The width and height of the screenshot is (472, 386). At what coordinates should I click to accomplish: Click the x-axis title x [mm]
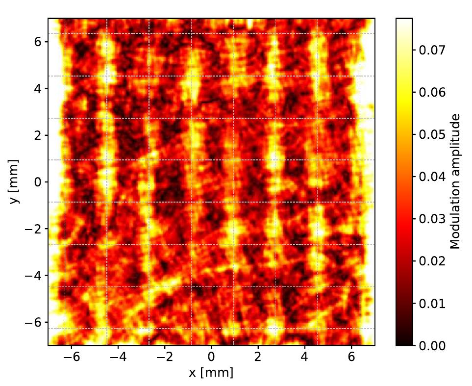pos(211,372)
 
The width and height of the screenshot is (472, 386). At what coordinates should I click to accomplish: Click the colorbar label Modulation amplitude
pos(456,181)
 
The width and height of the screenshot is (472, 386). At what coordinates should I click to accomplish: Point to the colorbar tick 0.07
pos(432,50)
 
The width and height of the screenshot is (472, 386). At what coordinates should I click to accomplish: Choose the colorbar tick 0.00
pos(432,346)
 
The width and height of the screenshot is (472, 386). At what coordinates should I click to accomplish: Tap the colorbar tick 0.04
pos(432,177)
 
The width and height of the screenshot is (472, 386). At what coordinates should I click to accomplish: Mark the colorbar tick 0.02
pos(432,261)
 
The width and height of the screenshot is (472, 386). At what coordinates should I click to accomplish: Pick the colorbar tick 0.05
pos(432,134)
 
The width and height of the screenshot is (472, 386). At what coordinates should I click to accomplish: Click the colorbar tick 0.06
pos(432,92)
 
